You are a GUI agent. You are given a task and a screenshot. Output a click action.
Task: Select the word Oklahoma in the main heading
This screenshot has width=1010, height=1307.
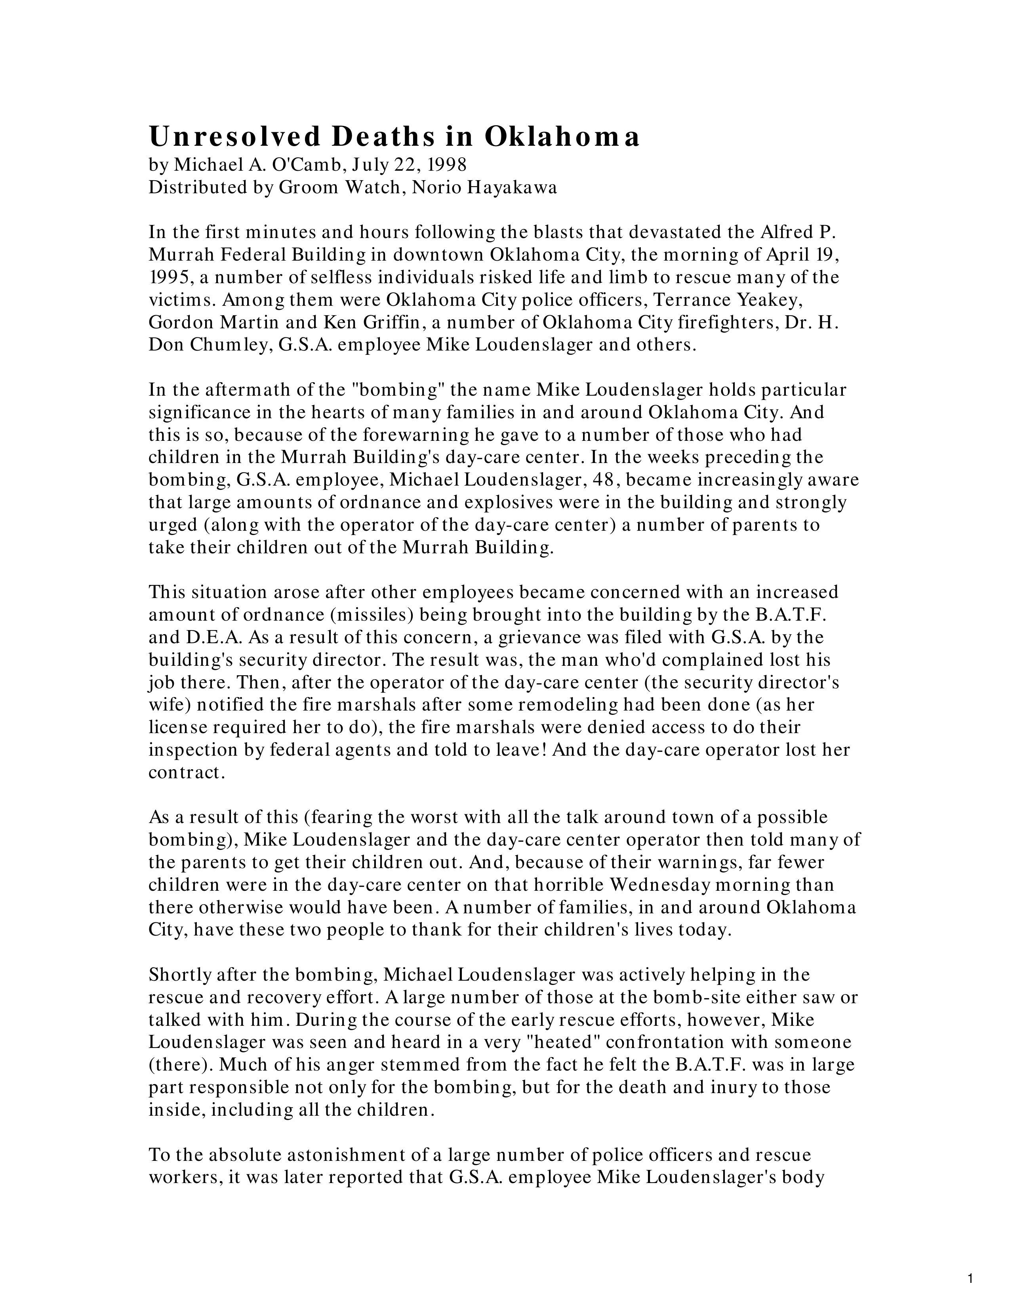point(562,137)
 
